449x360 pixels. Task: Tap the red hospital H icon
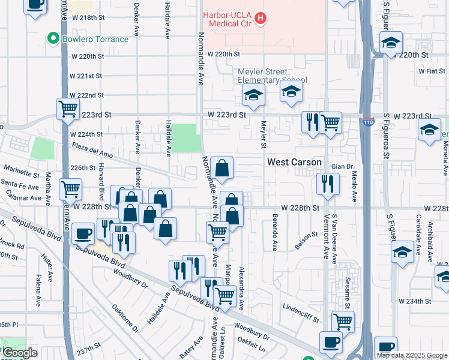[260, 19]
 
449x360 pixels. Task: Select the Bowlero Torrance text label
[95, 40]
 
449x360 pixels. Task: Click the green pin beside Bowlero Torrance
[53, 40]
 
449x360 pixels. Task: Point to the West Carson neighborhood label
[294, 163]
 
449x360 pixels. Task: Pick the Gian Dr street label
[341, 166]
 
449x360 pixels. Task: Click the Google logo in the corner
[20, 352]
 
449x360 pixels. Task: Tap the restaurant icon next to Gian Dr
[328, 184]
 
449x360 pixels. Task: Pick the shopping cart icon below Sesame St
[343, 321]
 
